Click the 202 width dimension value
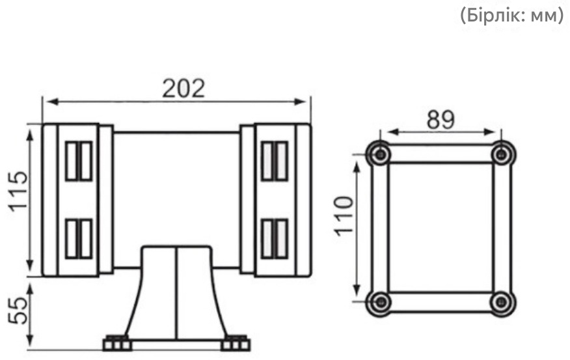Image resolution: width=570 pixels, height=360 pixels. pyautogui.click(x=183, y=89)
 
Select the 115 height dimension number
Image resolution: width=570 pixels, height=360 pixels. pyautogui.click(x=18, y=191)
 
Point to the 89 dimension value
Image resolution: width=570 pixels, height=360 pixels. pyautogui.click(x=441, y=120)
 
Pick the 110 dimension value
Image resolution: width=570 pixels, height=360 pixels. pyautogui.click(x=344, y=216)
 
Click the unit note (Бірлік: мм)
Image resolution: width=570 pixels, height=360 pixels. pyautogui.click(x=512, y=16)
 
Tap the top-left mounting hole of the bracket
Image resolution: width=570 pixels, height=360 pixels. pyautogui.click(x=380, y=154)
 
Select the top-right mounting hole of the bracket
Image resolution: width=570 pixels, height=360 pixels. pyautogui.click(x=502, y=154)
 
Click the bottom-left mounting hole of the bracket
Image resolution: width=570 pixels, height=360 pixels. pyautogui.click(x=381, y=302)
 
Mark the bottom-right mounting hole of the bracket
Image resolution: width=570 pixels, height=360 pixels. pyautogui.click(x=502, y=302)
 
